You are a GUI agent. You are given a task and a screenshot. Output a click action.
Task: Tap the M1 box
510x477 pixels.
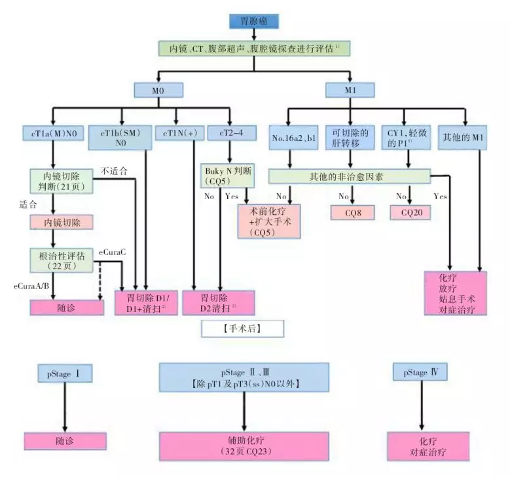click(350, 89)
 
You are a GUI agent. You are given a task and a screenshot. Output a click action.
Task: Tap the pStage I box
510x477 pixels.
click(64, 373)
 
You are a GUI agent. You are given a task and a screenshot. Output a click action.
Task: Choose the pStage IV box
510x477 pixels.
click(420, 373)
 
